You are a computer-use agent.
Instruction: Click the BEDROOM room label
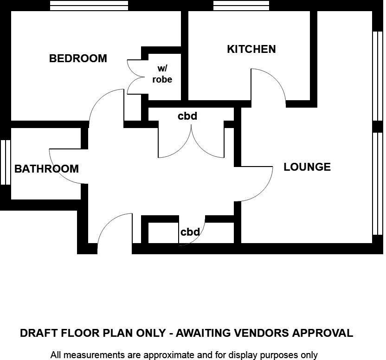tap(78, 58)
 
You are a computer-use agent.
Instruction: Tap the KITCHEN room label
tap(251, 49)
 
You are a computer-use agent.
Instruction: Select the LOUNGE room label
tap(307, 167)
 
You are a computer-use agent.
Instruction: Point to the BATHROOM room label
tap(46, 169)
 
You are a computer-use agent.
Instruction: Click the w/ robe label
tap(162, 75)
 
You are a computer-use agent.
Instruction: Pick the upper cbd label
tap(187, 116)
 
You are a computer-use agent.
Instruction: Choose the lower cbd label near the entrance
tap(190, 232)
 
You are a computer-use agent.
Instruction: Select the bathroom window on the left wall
tap(5, 162)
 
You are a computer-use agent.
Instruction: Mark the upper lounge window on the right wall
tap(378, 77)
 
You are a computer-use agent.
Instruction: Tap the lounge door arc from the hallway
tap(262, 186)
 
